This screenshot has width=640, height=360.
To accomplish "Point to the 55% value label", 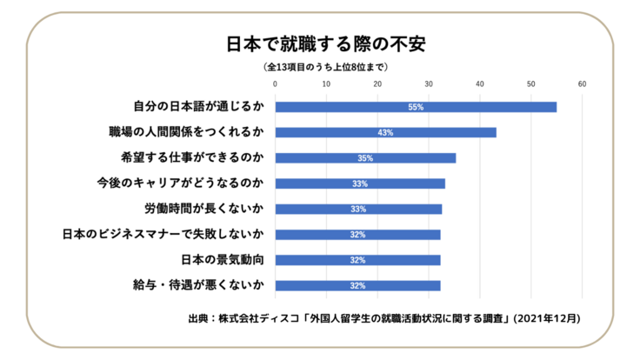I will click(415, 107).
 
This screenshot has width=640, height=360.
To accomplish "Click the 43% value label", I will click(385, 133).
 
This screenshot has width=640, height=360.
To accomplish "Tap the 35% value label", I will click(365, 158).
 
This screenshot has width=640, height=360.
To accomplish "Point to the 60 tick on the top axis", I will click(582, 84).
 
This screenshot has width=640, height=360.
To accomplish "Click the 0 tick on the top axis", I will click(275, 84).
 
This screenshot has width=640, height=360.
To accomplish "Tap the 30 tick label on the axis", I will click(429, 84).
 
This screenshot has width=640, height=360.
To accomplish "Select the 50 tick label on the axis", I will click(530, 84).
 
